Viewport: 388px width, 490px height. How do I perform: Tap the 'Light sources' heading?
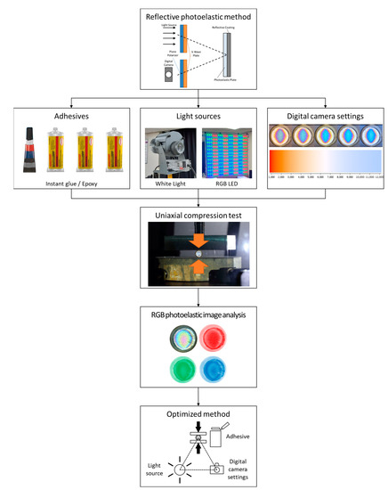pos(193,116)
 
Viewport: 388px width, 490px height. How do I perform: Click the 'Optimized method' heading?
pos(193,414)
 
